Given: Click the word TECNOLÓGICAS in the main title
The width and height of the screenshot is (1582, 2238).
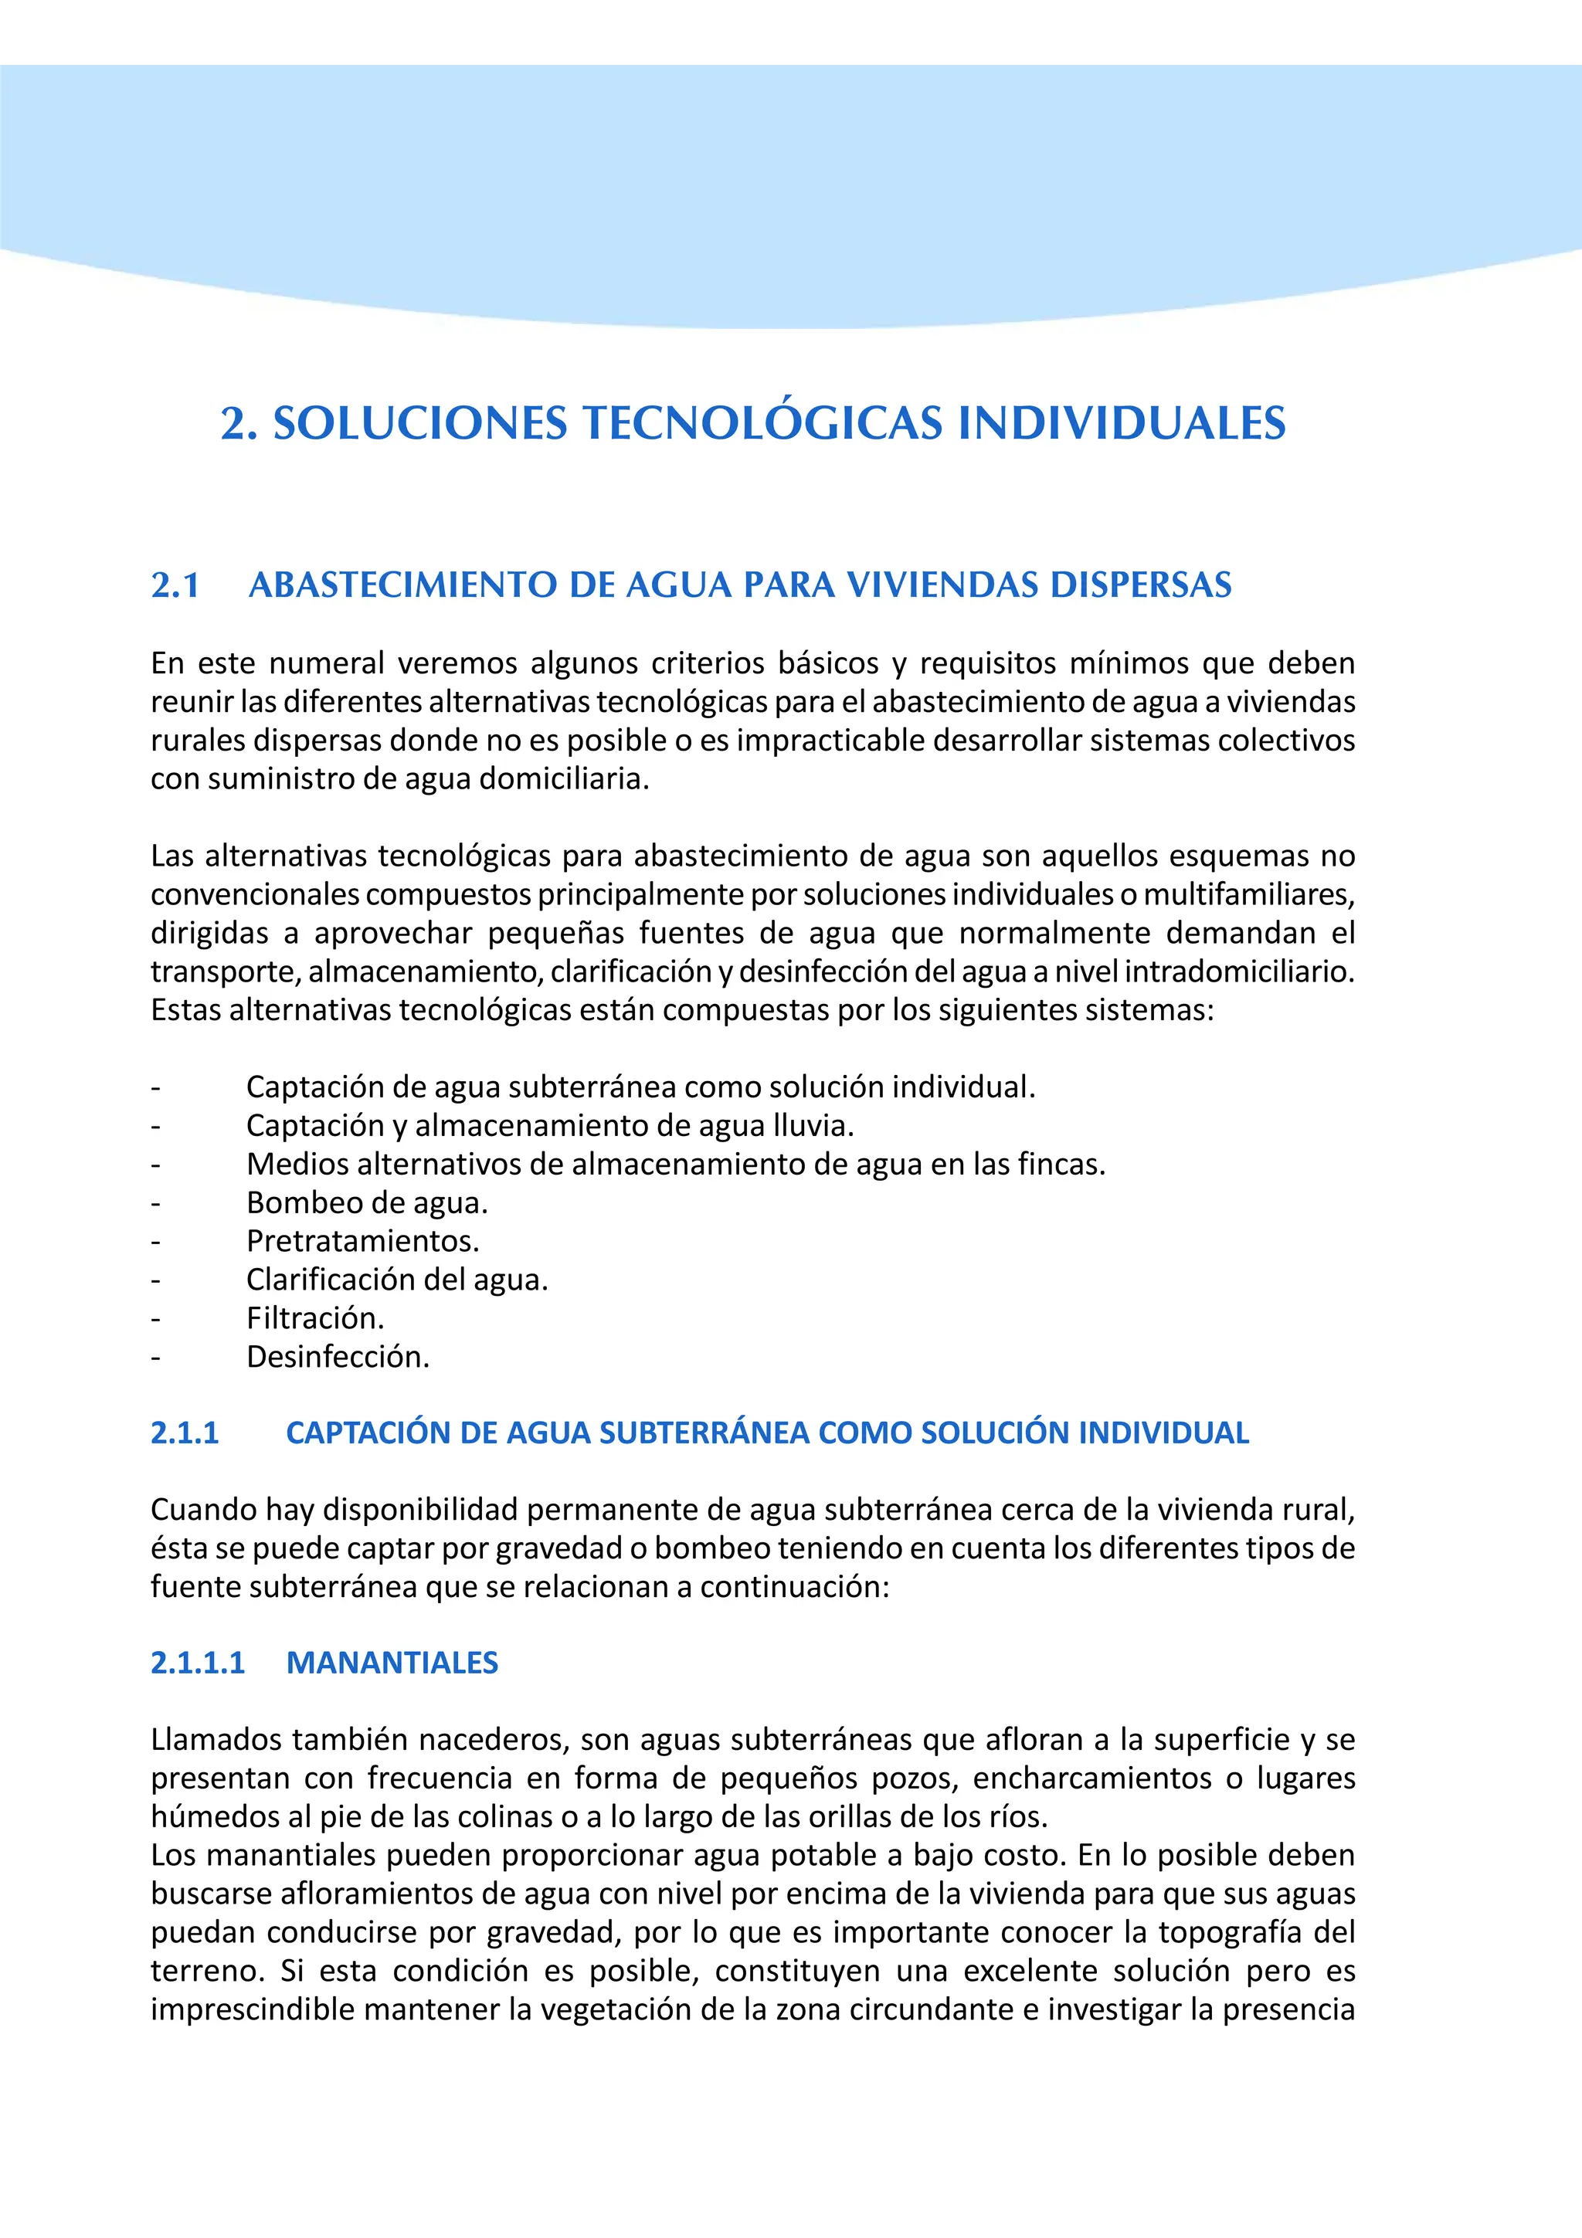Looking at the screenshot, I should click(762, 423).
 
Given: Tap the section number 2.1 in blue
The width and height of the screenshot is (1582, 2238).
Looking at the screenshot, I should click(175, 585).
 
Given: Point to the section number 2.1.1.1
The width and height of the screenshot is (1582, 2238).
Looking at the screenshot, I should click(198, 1663).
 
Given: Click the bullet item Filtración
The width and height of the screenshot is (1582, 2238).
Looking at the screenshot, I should click(315, 1317).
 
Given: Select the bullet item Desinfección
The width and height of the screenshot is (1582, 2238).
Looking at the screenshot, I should click(338, 1357).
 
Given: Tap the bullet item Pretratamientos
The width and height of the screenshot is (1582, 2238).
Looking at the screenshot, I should click(362, 1241).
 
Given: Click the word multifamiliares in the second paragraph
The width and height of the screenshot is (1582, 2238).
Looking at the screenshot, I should click(1248, 894).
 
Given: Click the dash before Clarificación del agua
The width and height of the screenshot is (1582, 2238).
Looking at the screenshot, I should click(155, 1280).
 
